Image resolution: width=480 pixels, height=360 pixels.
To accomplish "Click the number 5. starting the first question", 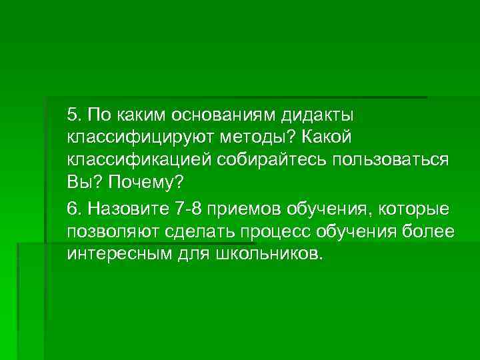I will (x=74, y=115).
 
